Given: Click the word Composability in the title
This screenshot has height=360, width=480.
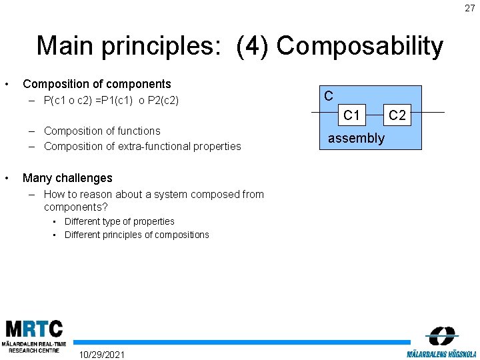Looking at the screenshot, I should pos(359,46).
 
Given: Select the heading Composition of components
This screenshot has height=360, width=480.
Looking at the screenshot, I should pos(97,84).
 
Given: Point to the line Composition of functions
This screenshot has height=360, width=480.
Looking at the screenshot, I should pos(102,131).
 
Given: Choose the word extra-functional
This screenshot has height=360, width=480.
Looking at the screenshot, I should pos(151,146).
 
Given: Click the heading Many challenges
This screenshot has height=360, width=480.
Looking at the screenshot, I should pos(67,178).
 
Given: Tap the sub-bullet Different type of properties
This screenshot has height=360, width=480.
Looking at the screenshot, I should pos(119,221).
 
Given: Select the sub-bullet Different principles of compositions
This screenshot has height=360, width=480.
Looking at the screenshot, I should pos(137,235).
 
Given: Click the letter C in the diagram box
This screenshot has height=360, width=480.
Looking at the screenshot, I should pos(329,96).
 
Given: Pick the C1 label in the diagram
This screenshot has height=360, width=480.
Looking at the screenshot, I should pos(351,115).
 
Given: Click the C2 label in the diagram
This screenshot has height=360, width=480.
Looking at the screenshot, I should pos(397,115).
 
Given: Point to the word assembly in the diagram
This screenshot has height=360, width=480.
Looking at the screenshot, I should pos(356,138).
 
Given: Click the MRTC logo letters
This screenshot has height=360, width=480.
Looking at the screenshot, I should pos(34,329).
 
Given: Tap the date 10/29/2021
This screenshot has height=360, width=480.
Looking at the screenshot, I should pos(101,353).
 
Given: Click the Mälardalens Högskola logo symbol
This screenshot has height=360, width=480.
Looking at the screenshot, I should pos(442,335).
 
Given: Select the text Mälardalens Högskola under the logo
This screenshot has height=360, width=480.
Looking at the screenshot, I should pos(441,353).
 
